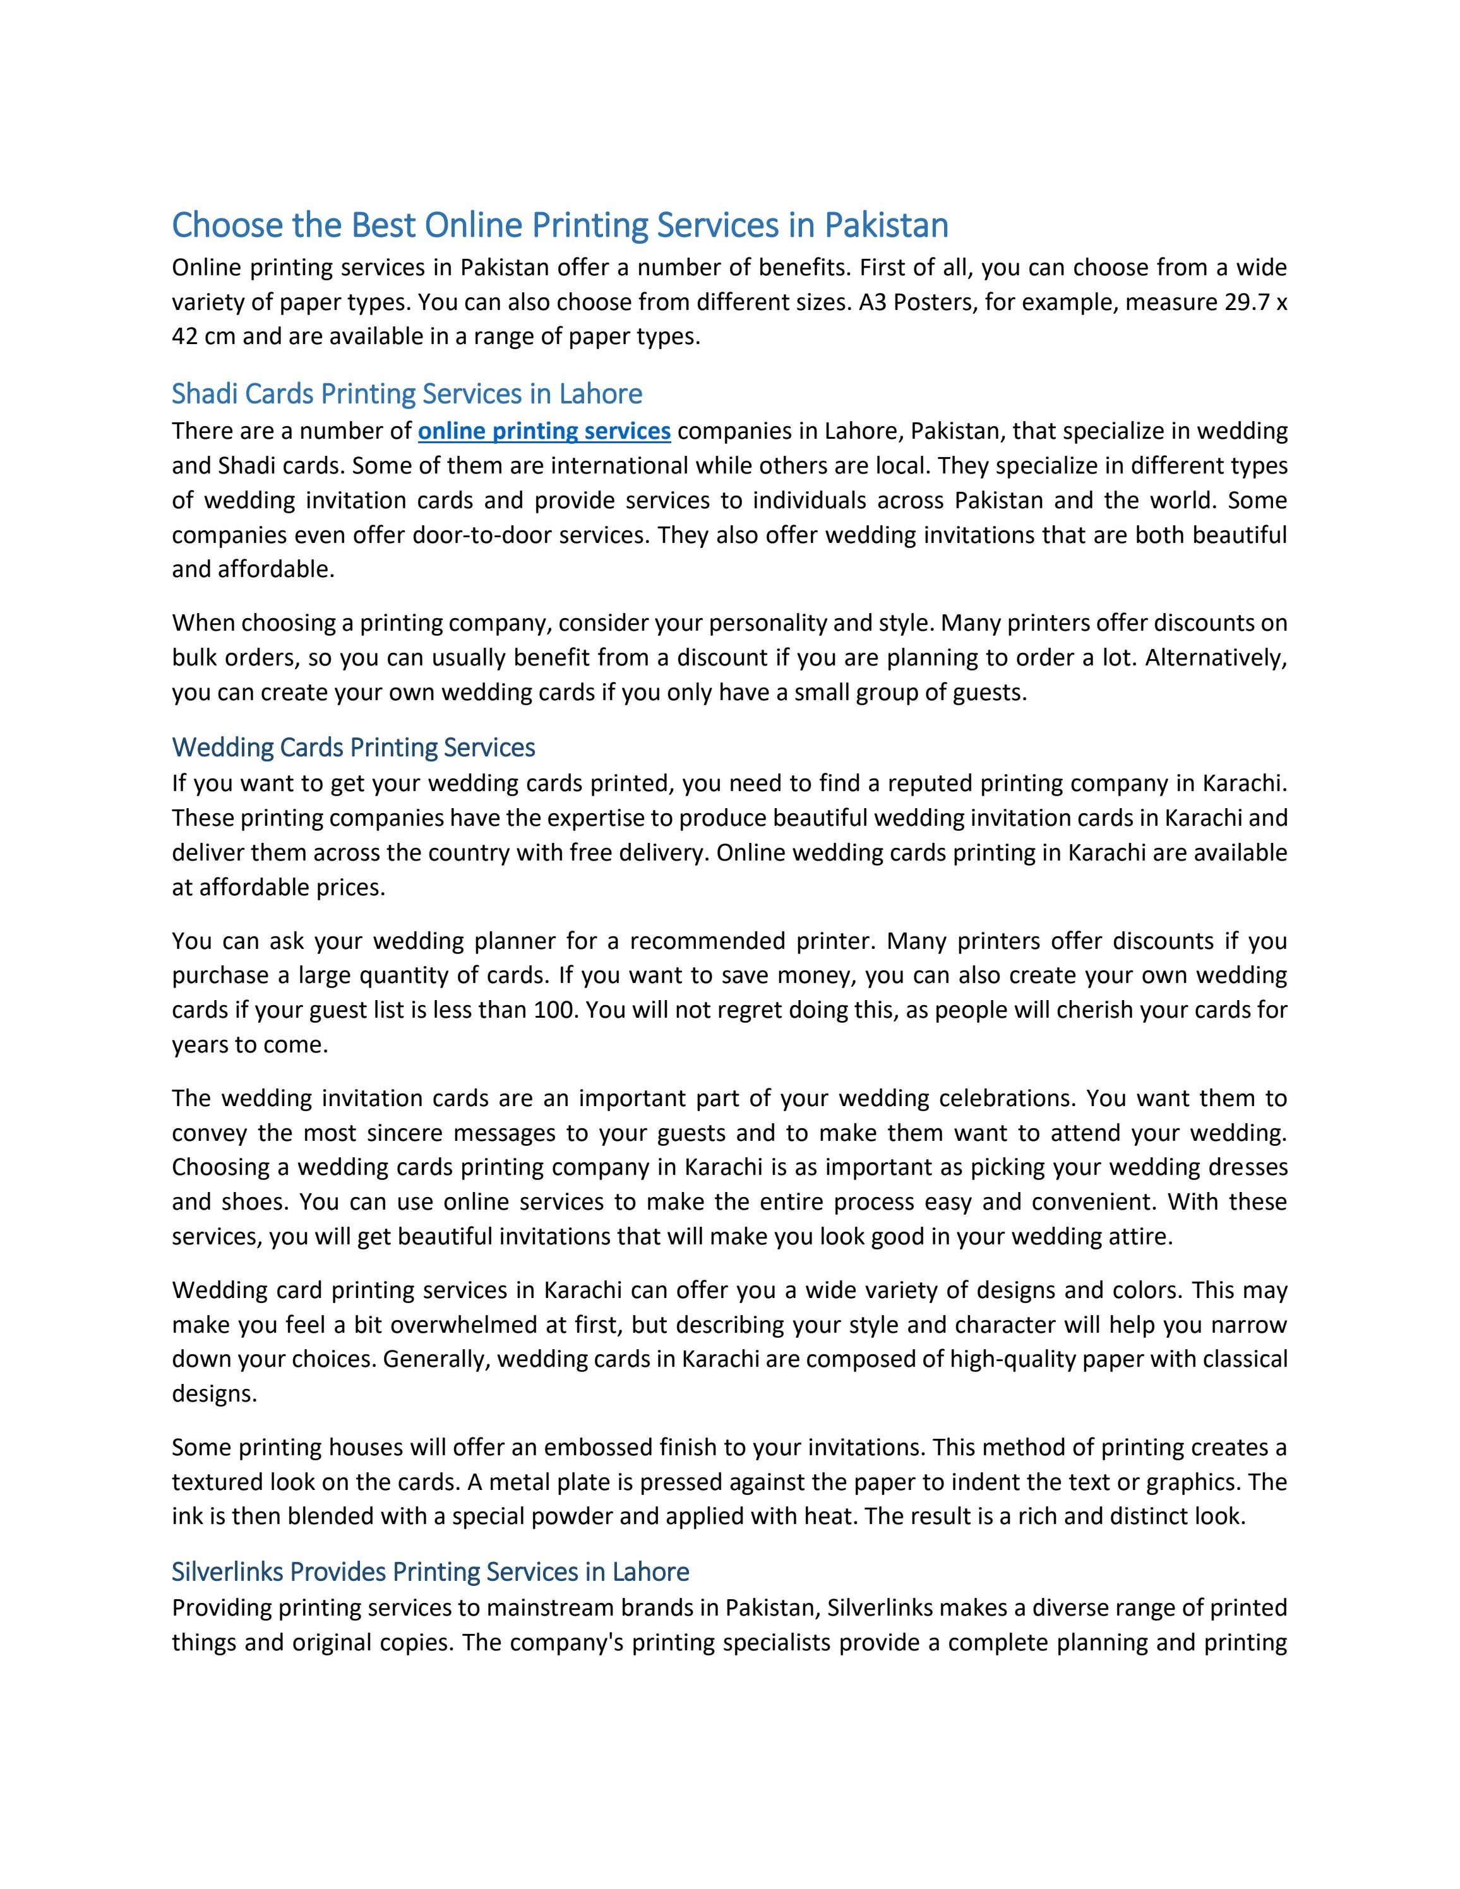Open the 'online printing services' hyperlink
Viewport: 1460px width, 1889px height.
coord(544,431)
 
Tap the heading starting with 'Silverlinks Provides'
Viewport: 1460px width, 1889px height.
coord(430,1571)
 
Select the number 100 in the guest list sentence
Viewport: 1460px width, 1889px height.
coord(554,1010)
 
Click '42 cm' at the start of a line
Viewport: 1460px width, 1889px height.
coord(203,337)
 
